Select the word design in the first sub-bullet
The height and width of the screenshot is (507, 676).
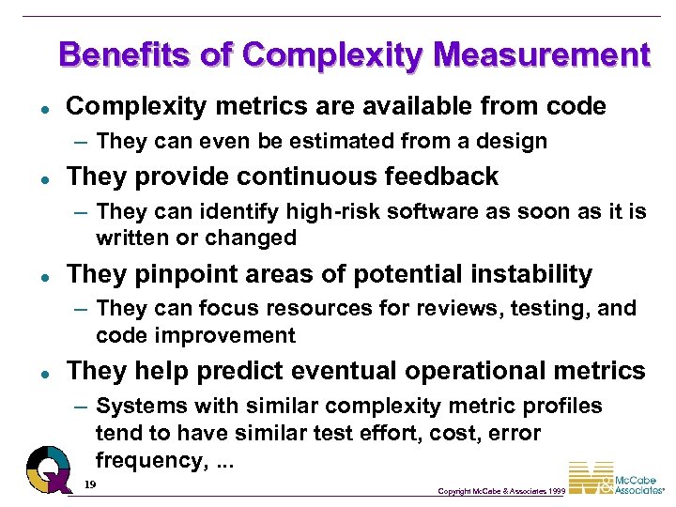pyautogui.click(x=514, y=142)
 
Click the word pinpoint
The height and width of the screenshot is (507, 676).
pyautogui.click(x=177, y=274)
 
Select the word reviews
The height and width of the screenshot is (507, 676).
pyautogui.click(x=447, y=309)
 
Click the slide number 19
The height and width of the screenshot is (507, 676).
pyautogui.click(x=89, y=484)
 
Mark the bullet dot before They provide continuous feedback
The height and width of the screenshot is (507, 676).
pyautogui.click(x=32, y=177)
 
